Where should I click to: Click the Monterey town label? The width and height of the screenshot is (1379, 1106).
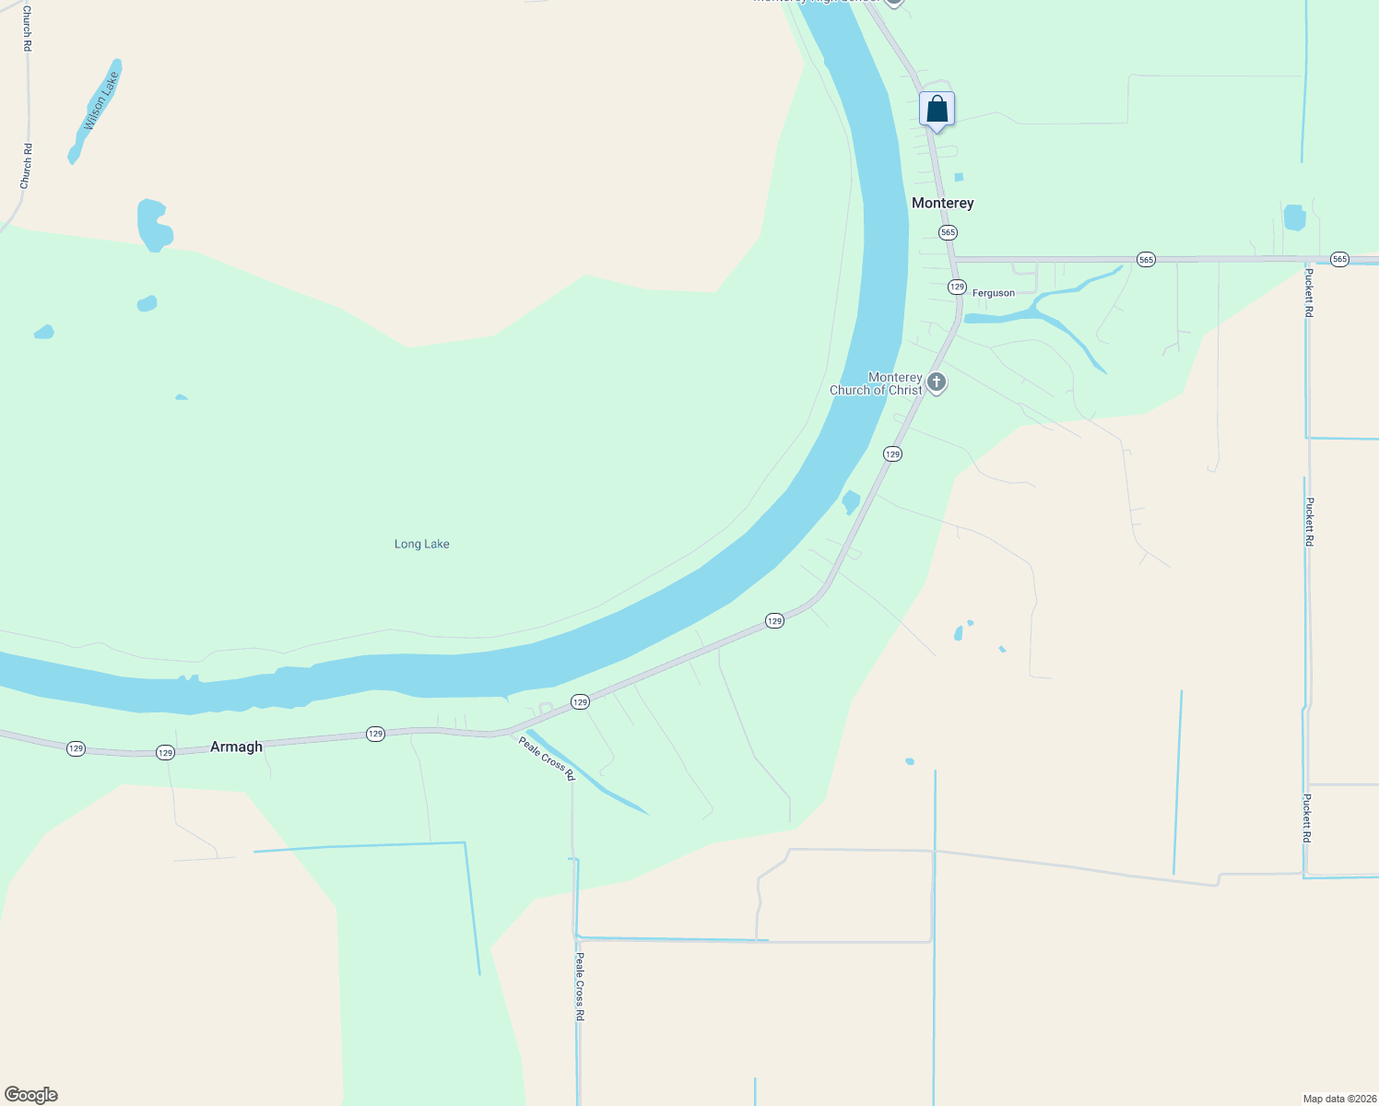(x=942, y=203)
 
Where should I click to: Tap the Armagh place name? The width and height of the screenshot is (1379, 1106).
(x=236, y=747)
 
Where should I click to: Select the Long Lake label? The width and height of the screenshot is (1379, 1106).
(x=421, y=544)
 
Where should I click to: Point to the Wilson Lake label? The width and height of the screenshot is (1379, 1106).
(x=101, y=102)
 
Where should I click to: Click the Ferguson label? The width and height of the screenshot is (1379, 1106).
(x=994, y=293)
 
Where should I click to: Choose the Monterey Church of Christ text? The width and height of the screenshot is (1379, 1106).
(x=876, y=383)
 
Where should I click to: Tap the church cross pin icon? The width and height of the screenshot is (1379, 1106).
(x=937, y=382)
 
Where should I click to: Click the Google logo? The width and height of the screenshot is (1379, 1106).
(x=31, y=1095)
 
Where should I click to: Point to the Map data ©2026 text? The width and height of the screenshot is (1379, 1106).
(x=1339, y=1099)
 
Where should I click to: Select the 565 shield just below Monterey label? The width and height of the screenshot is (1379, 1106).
(x=948, y=232)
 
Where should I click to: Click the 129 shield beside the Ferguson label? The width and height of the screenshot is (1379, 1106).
(x=957, y=287)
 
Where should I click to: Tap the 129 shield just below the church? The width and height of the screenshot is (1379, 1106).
(x=892, y=453)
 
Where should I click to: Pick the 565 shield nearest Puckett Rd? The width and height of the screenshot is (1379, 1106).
(x=1339, y=260)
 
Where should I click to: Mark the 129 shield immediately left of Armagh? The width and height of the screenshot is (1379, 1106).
(x=165, y=753)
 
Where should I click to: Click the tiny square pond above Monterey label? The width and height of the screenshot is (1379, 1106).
(x=959, y=177)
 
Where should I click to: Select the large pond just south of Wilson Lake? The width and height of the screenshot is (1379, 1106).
(x=153, y=224)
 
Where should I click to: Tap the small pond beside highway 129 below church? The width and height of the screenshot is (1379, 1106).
(x=851, y=502)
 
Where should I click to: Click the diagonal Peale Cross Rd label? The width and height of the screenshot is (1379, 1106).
(x=547, y=759)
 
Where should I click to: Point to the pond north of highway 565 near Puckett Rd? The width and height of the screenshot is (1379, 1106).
(x=1294, y=218)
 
